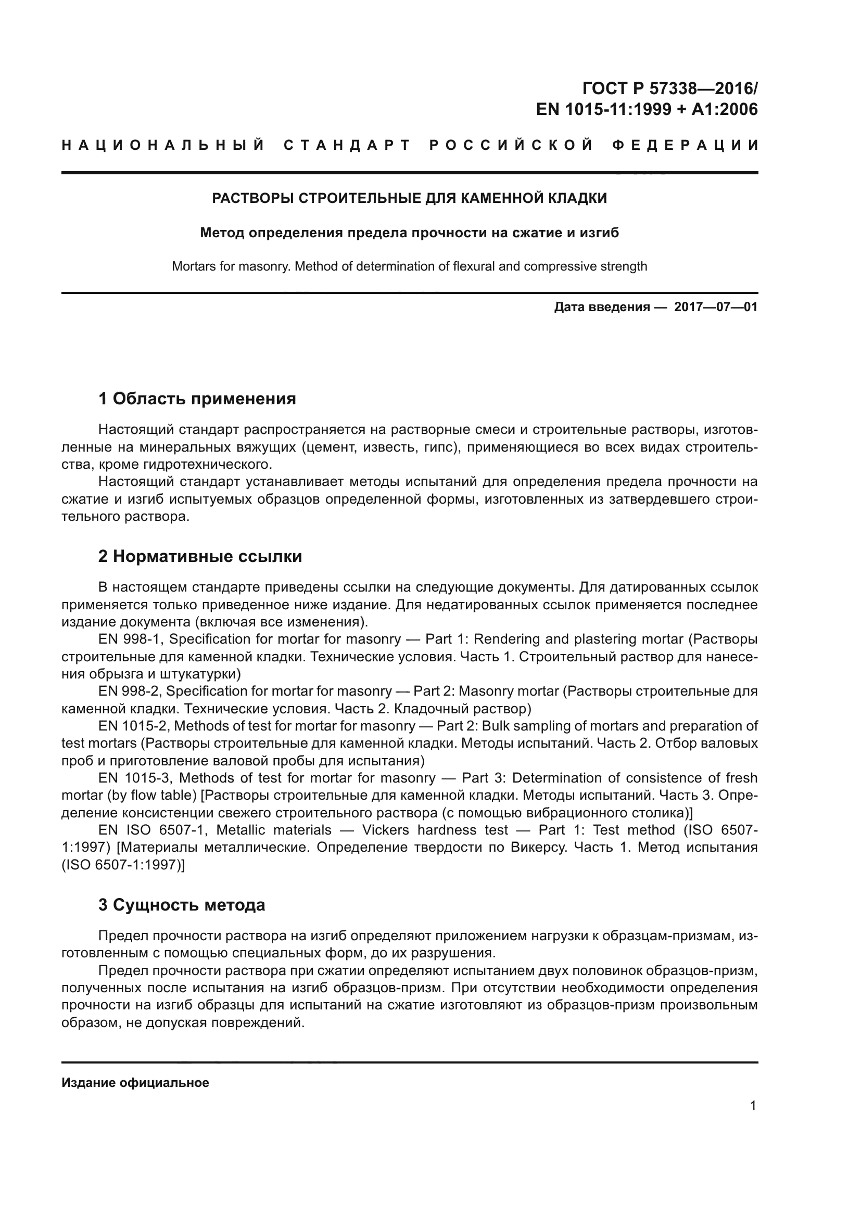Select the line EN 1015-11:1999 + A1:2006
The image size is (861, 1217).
[x=647, y=110]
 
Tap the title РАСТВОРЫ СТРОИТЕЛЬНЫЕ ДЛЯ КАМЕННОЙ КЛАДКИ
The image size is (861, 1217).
[x=409, y=199]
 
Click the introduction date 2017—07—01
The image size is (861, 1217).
[x=716, y=307]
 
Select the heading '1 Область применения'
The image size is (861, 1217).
[x=197, y=399]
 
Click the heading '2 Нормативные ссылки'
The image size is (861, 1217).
[x=200, y=557]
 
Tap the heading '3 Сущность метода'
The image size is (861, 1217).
[x=182, y=905]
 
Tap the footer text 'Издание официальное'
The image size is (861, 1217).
[x=135, y=1083]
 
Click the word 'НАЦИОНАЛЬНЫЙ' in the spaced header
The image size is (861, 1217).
[x=163, y=145]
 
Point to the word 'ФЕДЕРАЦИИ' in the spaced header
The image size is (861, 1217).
[x=686, y=145]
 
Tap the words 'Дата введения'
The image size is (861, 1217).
[x=602, y=307]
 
